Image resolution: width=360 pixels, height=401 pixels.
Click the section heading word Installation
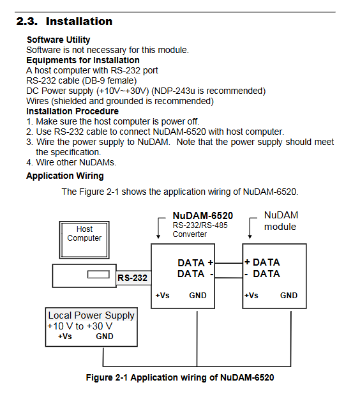pos(79,21)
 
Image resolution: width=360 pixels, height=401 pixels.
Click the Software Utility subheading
pos(59,40)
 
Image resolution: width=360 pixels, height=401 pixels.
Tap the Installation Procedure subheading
pos(72,111)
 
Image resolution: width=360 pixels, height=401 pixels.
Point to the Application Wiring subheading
pos(65,176)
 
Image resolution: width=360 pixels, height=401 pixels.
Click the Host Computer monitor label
pos(84,234)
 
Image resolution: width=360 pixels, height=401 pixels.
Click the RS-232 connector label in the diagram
pos(132,278)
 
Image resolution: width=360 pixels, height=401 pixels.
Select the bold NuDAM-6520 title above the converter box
pos(203,216)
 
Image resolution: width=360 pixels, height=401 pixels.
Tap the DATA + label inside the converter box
pos(195,262)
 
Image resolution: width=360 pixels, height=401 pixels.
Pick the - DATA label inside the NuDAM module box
pos(262,274)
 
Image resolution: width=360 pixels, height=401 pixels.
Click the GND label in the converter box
pos(198,296)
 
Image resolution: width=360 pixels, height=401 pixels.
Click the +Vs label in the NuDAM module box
pos(251,296)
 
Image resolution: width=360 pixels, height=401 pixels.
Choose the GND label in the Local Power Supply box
pos(105,336)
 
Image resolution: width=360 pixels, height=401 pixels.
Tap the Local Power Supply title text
pos(91,315)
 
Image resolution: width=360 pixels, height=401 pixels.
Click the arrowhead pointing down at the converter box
pos(158,236)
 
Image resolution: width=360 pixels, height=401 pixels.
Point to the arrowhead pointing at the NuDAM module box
pos(250,236)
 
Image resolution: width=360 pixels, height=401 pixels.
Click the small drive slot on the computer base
pos(98,275)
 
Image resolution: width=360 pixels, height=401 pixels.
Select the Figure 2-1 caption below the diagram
pos(180,377)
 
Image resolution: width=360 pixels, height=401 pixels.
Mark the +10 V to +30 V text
pos(80,326)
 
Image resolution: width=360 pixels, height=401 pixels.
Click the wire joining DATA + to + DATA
pos(229,263)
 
